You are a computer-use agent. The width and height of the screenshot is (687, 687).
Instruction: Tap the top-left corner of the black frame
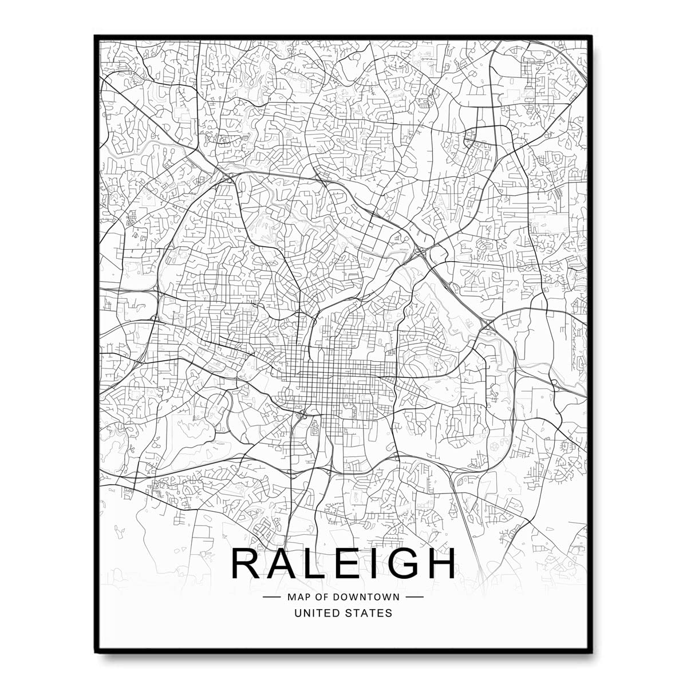click(96, 36)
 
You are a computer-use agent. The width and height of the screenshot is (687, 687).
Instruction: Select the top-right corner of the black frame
click(591, 36)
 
